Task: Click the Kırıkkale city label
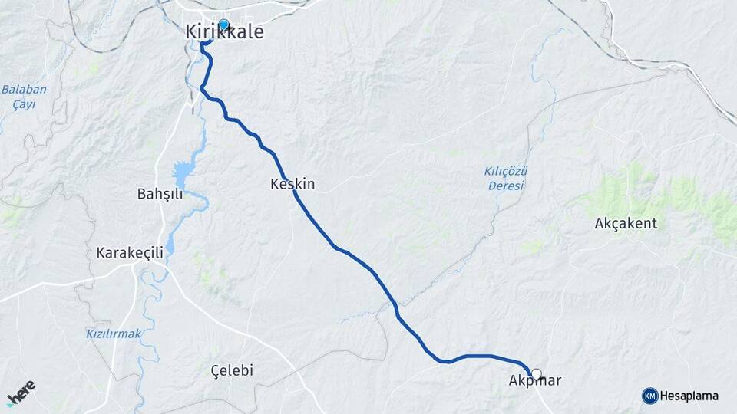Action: click(224, 33)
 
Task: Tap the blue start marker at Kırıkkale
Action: click(223, 25)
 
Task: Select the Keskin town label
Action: click(292, 185)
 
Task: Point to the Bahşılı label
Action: click(160, 194)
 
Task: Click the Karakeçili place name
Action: click(128, 253)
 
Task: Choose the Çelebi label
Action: click(232, 371)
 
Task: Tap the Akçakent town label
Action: click(626, 224)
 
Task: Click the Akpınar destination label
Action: click(535, 380)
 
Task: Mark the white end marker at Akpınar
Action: click(536, 375)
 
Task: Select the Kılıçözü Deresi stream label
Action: click(505, 179)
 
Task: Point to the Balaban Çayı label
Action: click(23, 97)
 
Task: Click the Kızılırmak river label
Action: click(114, 333)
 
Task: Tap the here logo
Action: click(21, 393)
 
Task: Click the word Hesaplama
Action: click(689, 396)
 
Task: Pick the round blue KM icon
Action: click(649, 396)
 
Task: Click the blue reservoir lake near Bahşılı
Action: click(185, 172)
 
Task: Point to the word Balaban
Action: click(23, 90)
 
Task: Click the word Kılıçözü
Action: click(505, 172)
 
